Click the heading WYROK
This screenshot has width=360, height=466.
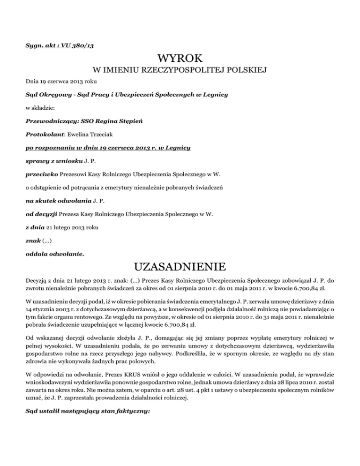[180, 59]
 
